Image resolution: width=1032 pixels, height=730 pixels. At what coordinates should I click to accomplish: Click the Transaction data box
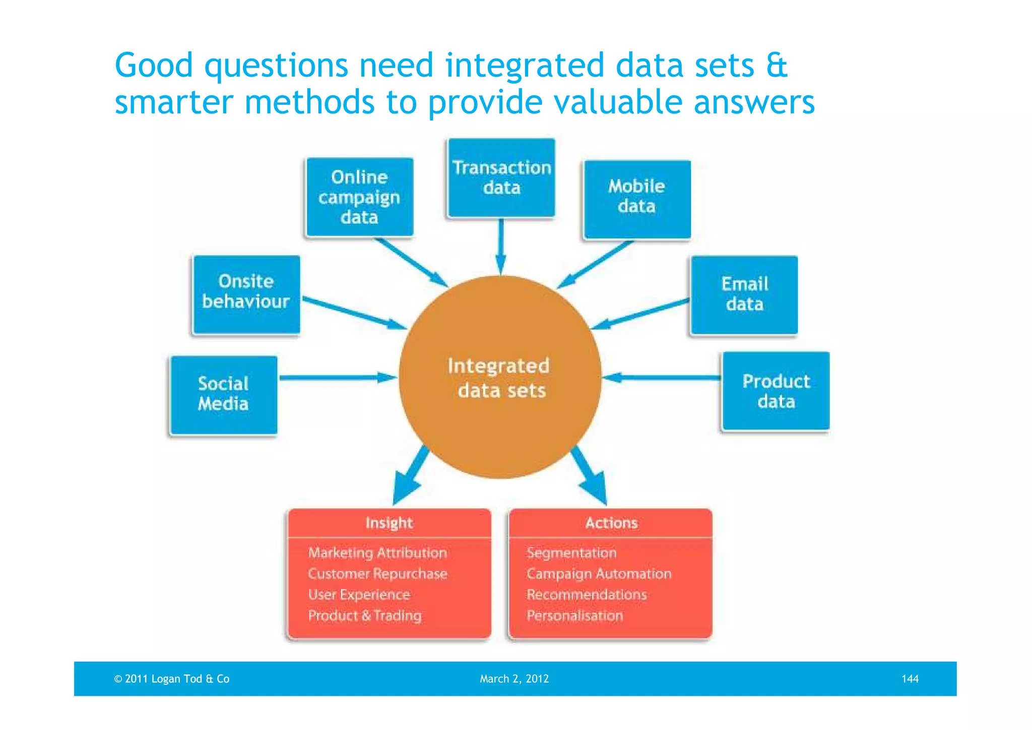click(501, 177)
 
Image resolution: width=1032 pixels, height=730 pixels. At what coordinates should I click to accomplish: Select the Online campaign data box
click(359, 197)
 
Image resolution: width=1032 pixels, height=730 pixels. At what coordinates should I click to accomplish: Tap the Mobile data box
click(636, 199)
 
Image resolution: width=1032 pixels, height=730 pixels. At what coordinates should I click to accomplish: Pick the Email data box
click(744, 294)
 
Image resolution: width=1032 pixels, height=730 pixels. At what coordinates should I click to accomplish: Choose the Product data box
click(776, 391)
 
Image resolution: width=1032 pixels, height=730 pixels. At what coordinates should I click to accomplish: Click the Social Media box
click(223, 395)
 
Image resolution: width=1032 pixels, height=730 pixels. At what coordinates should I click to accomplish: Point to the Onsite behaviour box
click(246, 294)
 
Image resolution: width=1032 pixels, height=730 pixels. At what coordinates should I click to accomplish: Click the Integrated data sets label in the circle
click(499, 378)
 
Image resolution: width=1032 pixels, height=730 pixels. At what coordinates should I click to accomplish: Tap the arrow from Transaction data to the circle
click(500, 246)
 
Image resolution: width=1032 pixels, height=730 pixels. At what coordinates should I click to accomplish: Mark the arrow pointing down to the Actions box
click(590, 475)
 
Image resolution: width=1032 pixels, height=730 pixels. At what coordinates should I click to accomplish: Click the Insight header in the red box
click(389, 523)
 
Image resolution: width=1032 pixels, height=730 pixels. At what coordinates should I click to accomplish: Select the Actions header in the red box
click(611, 523)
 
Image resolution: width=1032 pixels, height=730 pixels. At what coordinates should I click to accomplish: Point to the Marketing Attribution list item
click(377, 553)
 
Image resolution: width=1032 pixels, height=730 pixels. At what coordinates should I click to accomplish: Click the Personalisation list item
click(575, 616)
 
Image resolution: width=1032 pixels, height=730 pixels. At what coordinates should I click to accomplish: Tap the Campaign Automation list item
click(599, 574)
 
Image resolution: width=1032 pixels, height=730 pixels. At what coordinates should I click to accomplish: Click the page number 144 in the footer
click(910, 679)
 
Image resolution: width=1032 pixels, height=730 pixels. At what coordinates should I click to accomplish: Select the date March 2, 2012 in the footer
click(514, 679)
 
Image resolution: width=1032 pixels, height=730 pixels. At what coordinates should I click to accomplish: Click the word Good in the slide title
click(154, 66)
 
